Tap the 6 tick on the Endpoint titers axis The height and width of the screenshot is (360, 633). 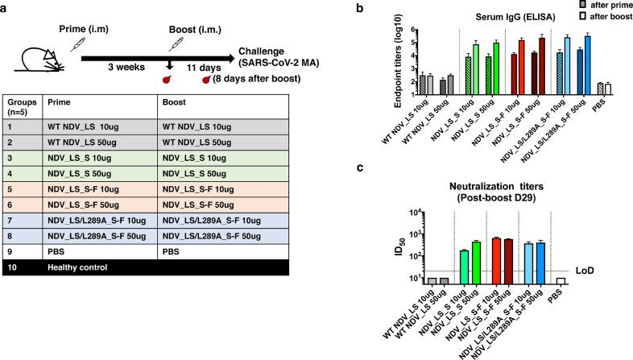point(413,30)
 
